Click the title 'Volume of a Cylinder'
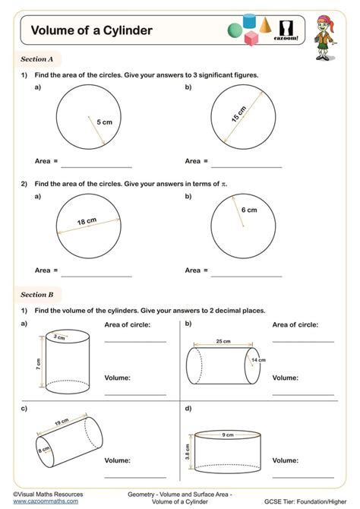point(91,31)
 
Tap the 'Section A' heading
point(37,58)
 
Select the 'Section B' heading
point(37,294)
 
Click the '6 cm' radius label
point(249,209)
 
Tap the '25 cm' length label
point(223,341)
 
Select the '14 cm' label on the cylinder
point(258,359)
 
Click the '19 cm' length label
point(62,422)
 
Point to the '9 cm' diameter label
point(227,435)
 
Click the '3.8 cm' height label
point(186,453)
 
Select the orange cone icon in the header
point(265,25)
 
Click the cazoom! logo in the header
point(288,31)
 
